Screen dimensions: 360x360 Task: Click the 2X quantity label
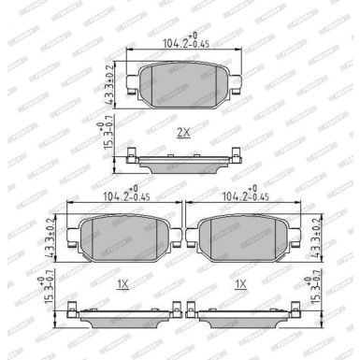point(183,134)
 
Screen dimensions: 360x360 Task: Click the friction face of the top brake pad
point(184,83)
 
